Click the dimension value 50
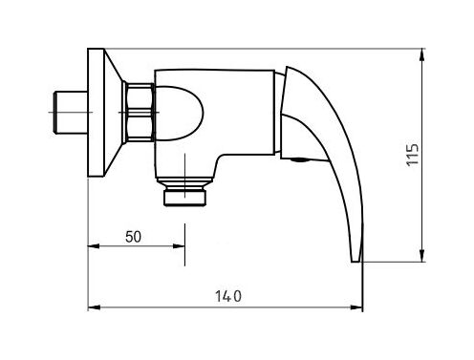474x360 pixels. [133, 237]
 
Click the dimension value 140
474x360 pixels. [228, 296]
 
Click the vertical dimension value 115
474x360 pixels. [413, 155]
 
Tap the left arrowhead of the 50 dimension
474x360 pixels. [94, 246]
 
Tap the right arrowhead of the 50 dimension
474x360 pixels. [179, 246]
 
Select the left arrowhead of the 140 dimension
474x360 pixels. [94, 307]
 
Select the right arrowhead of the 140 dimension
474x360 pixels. [356, 307]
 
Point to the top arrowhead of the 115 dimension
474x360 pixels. [422, 54]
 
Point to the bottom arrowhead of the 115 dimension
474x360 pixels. [422, 256]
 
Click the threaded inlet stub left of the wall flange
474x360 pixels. [70, 113]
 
